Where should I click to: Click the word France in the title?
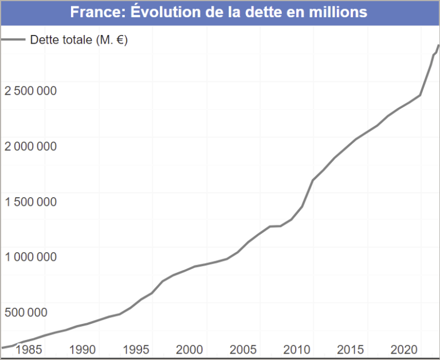click(x=93, y=12)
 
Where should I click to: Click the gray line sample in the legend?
click(x=13, y=40)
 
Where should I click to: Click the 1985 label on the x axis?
click(x=29, y=349)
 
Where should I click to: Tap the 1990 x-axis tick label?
click(x=82, y=349)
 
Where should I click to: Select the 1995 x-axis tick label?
click(x=136, y=349)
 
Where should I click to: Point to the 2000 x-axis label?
click(x=189, y=349)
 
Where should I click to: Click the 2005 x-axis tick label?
click(x=243, y=349)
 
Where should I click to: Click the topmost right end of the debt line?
click(x=438, y=45)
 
